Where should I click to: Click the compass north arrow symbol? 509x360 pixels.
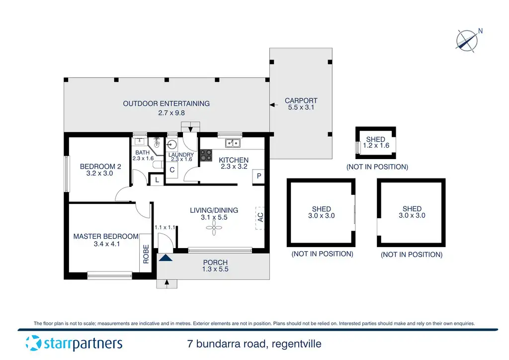(x=467, y=41)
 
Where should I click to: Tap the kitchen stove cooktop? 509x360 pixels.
(x=206, y=155)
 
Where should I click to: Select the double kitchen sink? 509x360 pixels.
(x=233, y=143)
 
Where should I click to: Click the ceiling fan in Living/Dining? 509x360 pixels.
(x=214, y=228)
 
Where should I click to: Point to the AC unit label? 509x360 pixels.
(x=260, y=217)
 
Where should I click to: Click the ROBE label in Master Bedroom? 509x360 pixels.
(x=146, y=254)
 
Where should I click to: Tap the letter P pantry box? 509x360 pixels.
(x=258, y=176)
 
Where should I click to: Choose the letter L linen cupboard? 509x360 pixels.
(x=157, y=180)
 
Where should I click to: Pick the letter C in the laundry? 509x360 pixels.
(x=172, y=170)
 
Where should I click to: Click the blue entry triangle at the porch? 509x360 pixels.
(x=166, y=258)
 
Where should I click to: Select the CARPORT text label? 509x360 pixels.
(x=301, y=100)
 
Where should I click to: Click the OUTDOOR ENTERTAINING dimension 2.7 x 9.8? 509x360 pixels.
(x=171, y=113)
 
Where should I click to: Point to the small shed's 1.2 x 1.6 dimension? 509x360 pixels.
(x=376, y=145)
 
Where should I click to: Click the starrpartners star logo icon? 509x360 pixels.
(x=33, y=343)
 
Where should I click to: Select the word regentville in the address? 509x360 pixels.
(x=296, y=344)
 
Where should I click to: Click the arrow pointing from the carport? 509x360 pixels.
(x=274, y=105)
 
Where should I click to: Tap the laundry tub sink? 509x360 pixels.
(x=171, y=145)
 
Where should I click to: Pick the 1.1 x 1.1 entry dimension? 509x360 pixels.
(x=165, y=228)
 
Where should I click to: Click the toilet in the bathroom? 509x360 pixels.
(x=158, y=165)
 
